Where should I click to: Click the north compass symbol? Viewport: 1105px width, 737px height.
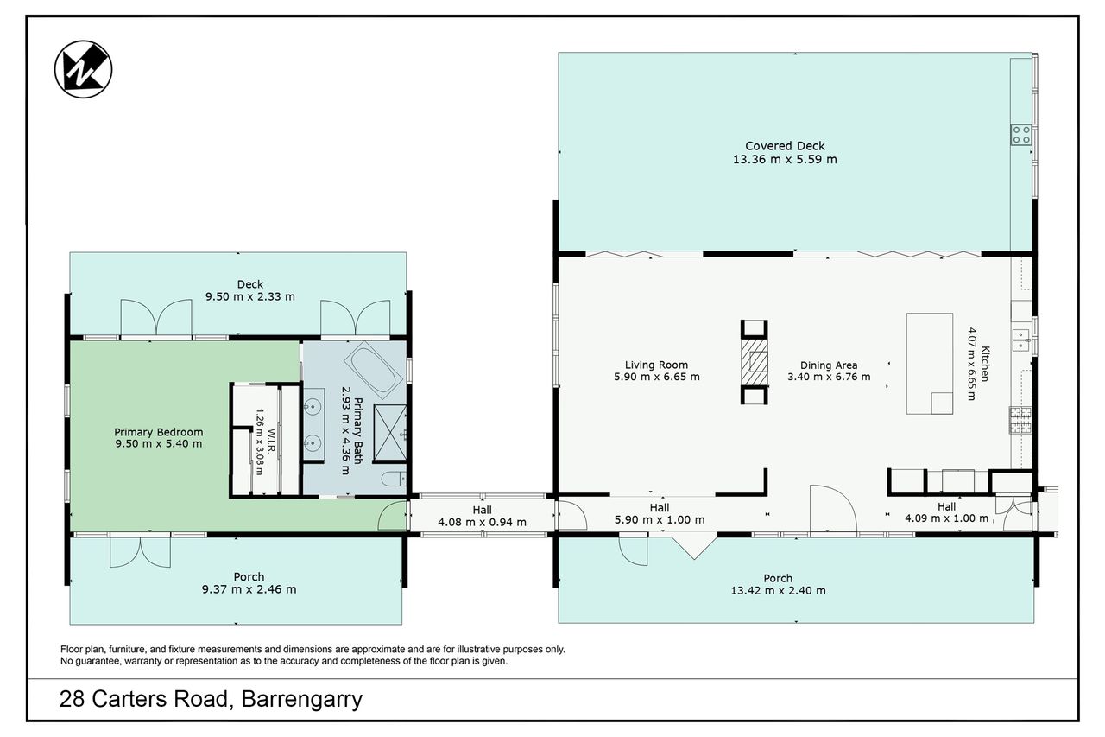click(83, 69)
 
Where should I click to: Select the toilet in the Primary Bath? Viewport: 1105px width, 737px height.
click(395, 479)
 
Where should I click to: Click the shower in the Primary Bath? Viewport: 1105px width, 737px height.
click(389, 433)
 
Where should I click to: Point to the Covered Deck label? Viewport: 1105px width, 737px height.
click(785, 146)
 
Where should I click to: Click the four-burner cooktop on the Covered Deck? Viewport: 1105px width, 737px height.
click(1021, 135)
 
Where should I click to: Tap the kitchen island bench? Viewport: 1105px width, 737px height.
click(930, 364)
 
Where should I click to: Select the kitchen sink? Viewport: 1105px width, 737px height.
click(1021, 340)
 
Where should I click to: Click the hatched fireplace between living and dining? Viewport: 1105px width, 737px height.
click(755, 362)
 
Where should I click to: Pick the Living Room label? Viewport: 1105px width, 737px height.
click(656, 365)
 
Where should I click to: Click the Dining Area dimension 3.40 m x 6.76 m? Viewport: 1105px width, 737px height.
click(829, 377)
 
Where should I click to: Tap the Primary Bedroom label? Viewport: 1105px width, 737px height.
click(158, 432)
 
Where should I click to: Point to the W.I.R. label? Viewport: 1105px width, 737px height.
click(271, 441)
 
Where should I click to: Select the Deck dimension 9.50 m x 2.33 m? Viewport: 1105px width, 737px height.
click(250, 296)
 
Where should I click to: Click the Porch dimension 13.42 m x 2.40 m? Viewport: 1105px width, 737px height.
click(778, 590)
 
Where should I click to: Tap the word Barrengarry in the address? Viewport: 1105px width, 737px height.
click(302, 700)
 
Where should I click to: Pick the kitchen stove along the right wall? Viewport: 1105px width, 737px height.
click(1020, 420)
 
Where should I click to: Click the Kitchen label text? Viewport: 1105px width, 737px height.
click(985, 364)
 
